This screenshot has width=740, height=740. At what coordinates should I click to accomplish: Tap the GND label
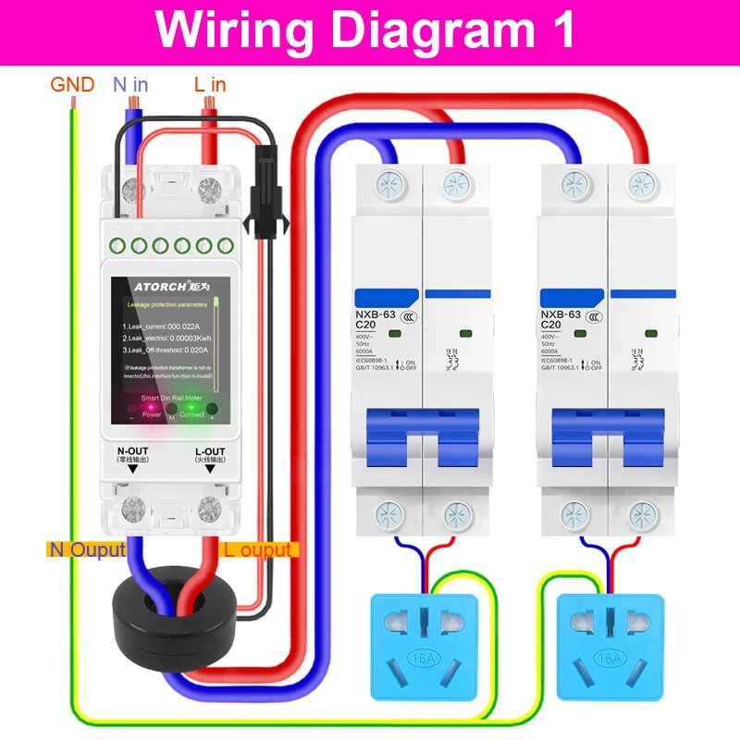click(x=72, y=85)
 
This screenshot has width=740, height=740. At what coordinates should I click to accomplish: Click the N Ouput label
click(x=87, y=549)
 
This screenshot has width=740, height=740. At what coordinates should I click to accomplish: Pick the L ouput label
click(x=258, y=549)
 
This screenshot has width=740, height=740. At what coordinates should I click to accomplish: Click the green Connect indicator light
click(x=191, y=405)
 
